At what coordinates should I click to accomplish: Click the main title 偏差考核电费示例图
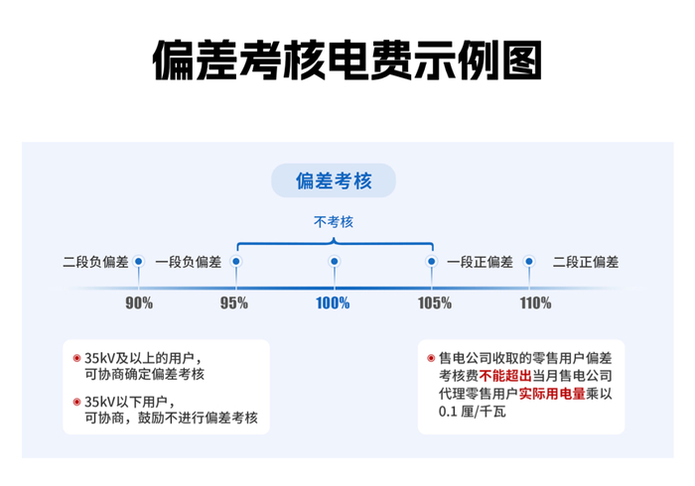click(x=347, y=61)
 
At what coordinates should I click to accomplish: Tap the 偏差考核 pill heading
click(x=334, y=181)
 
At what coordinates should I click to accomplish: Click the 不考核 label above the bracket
click(x=334, y=221)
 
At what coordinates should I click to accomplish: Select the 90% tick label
click(x=139, y=303)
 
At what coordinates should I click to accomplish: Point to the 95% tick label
click(x=234, y=303)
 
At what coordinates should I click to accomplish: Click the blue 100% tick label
click(x=334, y=303)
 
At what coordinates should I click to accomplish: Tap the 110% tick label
click(x=534, y=303)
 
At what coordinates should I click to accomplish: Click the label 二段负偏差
click(x=95, y=262)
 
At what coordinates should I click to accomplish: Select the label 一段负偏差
click(x=189, y=262)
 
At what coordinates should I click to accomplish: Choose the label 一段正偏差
click(x=480, y=262)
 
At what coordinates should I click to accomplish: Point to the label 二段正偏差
click(x=585, y=262)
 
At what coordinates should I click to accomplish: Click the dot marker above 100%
click(x=335, y=262)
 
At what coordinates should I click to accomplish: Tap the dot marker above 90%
click(x=139, y=262)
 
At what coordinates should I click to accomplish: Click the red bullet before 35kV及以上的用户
click(x=76, y=357)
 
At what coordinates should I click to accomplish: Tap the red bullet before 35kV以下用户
click(x=76, y=402)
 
